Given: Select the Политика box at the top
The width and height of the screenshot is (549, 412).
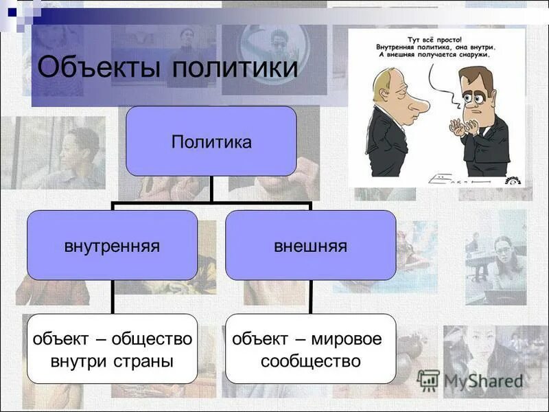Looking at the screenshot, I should click(211, 141).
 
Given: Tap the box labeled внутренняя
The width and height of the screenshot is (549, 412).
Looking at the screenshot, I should click(112, 245).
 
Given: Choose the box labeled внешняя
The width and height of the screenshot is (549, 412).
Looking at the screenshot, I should click(310, 245).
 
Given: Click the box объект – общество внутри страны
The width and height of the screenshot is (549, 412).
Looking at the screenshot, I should click(112, 349).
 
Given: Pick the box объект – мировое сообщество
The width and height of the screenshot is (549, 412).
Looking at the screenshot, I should click(310, 349).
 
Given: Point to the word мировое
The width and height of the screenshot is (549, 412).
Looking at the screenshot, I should click(347, 339).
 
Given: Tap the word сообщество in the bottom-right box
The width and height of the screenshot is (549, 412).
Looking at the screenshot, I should click(310, 360).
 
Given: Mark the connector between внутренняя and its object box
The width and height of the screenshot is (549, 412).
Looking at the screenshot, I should click(113, 297).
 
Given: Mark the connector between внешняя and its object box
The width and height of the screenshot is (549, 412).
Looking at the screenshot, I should click(311, 297).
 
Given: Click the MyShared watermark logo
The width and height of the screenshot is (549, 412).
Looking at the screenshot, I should click(470, 380).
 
